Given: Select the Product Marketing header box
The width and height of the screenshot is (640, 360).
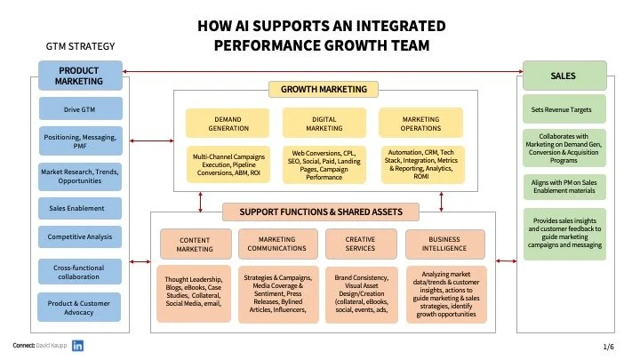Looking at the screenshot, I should pos(79,76).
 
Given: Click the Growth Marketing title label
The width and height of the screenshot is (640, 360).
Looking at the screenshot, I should pos(324,89).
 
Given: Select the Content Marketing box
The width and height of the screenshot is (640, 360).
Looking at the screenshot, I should pos(195,244).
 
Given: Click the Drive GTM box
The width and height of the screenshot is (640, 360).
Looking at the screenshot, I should pos(79,109).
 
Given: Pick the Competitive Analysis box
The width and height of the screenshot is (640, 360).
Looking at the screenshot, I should pos(79,237).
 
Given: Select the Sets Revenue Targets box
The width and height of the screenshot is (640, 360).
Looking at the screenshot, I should pos(564,109).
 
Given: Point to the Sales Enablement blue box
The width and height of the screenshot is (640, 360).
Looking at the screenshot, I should pos(79,209).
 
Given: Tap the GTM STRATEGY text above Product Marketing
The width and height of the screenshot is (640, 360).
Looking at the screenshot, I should pos(79,46).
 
